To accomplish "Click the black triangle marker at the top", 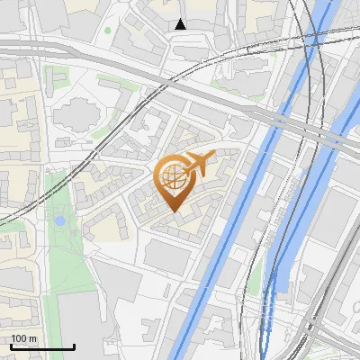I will click(181, 24).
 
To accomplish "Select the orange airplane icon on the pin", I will click(199, 163).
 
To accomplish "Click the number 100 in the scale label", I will click(19, 338).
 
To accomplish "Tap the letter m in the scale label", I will click(33, 338).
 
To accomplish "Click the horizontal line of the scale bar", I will click(41, 346).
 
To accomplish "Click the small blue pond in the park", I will click(59, 220).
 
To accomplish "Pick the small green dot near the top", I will click(108, 31).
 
